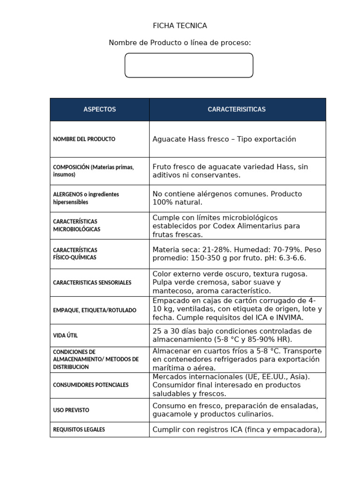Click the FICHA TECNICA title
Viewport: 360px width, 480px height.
[x=180, y=26]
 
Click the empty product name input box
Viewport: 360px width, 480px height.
[x=189, y=65]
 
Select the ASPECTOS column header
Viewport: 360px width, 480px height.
[x=99, y=109]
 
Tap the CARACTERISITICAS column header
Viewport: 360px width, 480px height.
[x=237, y=109]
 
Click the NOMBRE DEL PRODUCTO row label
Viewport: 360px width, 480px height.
[x=84, y=139]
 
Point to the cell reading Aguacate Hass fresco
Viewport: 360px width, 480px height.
[x=225, y=139]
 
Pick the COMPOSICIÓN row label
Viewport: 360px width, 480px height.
[x=93, y=171]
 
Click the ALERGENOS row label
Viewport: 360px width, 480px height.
[x=86, y=198]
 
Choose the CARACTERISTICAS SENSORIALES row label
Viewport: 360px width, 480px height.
[x=92, y=283]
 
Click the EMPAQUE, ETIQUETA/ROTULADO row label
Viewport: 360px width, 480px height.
[x=95, y=310]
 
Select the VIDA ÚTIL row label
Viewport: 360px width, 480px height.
[x=65, y=336]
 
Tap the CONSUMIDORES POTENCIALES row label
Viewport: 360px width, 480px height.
[x=91, y=385]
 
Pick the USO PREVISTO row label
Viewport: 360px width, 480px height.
[x=71, y=410]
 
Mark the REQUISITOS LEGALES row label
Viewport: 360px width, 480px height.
[x=79, y=429]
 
